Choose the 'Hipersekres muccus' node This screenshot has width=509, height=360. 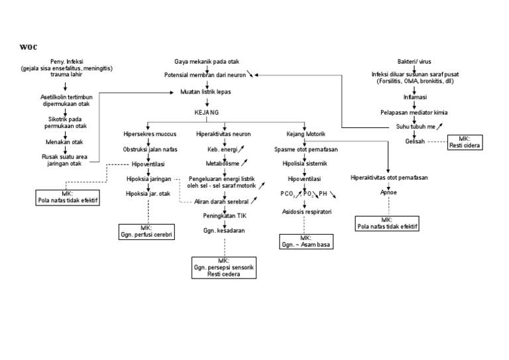(x=149, y=134)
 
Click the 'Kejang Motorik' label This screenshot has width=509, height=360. (x=304, y=134)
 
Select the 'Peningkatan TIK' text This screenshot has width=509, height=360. (x=225, y=215)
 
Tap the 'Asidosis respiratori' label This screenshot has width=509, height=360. (x=306, y=211)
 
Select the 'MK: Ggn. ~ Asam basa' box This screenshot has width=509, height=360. (x=306, y=241)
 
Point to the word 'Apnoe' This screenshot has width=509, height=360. (x=388, y=194)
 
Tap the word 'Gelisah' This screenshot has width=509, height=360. (x=414, y=141)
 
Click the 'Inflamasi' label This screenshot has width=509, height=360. (x=414, y=97)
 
